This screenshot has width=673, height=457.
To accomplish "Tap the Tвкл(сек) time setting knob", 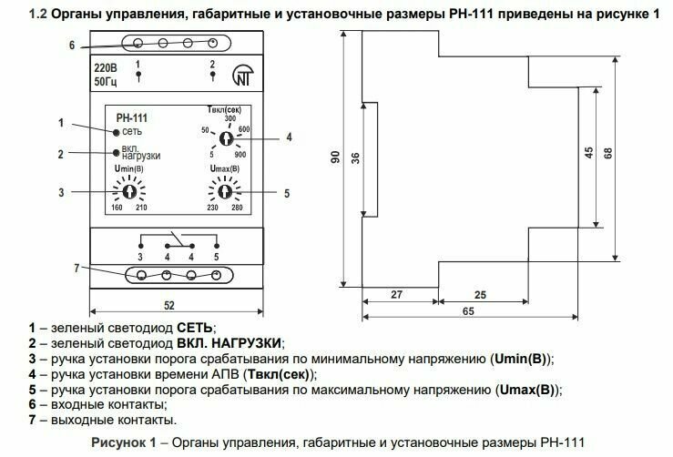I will tap(225, 138).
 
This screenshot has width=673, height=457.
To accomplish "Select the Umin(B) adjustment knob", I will tap(128, 192).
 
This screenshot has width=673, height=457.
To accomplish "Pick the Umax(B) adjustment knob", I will tap(222, 192).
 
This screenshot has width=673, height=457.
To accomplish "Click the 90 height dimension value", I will tap(332, 157).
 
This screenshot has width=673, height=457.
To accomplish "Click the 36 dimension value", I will tap(355, 157).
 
